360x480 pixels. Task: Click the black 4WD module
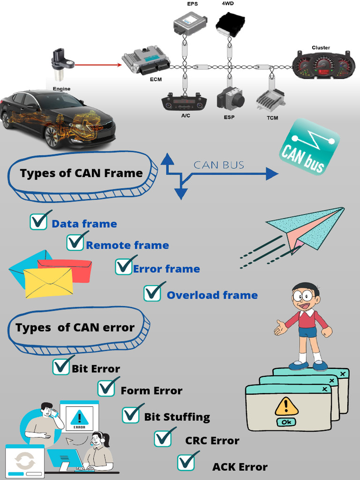click(230, 24)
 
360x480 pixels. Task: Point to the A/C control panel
click(184, 103)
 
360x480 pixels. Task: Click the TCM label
click(272, 118)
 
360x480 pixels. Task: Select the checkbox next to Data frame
click(39, 221)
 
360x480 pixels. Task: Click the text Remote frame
click(127, 245)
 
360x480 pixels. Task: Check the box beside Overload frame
click(152, 293)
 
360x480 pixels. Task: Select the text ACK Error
click(240, 467)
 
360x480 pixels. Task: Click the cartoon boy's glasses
click(303, 296)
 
